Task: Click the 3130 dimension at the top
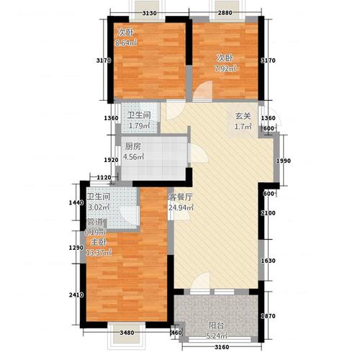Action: (x=150, y=14)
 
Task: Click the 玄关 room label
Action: (x=241, y=117)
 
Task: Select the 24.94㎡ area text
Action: (x=181, y=210)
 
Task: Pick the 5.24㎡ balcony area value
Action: (x=216, y=337)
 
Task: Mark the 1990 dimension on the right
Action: (x=284, y=161)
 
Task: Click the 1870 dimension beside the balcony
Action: (x=269, y=316)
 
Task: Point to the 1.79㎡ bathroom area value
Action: (x=138, y=127)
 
